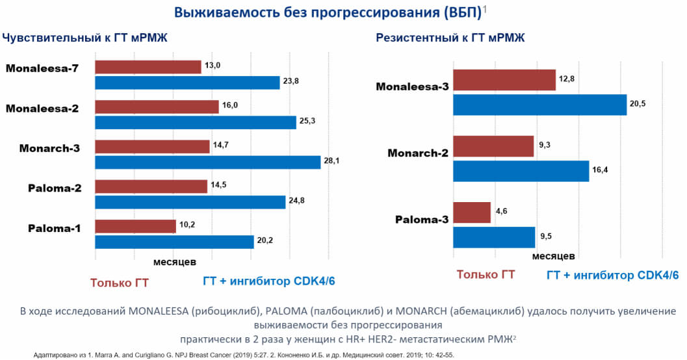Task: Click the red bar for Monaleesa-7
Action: tap(148, 66)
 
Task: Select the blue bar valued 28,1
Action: tap(208, 162)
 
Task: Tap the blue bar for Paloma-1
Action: tap(174, 242)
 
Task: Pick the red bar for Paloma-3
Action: tap(471, 212)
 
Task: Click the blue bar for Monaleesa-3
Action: tap(539, 105)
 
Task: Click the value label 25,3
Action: tap(311, 122)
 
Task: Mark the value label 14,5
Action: tap(220, 186)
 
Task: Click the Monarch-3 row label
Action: tap(49, 148)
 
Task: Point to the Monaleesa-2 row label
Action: tap(42, 109)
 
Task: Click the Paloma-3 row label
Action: tap(422, 219)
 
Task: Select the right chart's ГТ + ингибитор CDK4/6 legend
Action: tap(613, 276)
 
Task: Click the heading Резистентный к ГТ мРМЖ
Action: tap(450, 38)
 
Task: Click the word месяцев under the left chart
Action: tap(174, 262)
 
